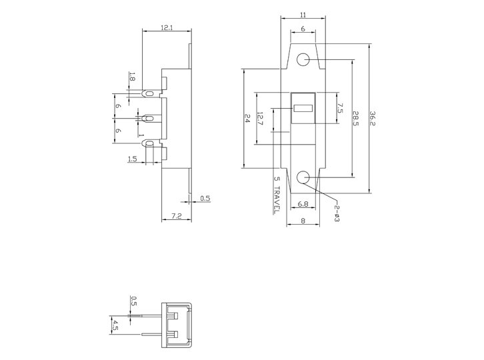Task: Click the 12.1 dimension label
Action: coord(167,27)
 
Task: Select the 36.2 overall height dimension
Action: coord(373,119)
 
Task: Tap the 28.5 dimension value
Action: coord(356,119)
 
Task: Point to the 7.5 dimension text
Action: coord(339,109)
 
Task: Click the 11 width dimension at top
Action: coord(303,14)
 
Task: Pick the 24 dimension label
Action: coord(247,118)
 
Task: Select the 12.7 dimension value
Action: coord(259,120)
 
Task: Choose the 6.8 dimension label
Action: coord(303,203)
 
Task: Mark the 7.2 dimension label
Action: coord(177,216)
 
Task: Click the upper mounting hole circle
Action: coord(303,59)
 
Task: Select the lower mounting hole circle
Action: coord(303,177)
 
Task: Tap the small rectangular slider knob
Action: coord(303,107)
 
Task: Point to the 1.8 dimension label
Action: coord(131,77)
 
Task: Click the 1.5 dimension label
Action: coord(132,159)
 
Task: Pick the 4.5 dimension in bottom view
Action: coord(115,325)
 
